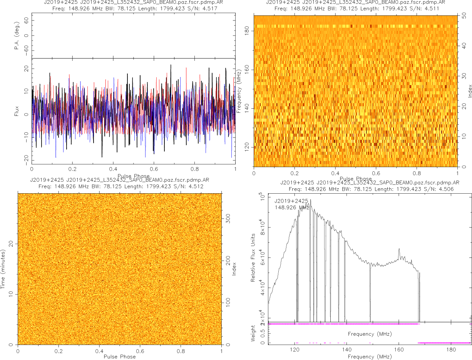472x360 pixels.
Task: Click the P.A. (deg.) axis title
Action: [17, 36]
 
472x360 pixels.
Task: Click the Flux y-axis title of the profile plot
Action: [17, 111]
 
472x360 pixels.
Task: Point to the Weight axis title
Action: [253, 333]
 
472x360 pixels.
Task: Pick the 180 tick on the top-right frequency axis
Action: [248, 31]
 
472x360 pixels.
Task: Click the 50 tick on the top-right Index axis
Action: [464, 16]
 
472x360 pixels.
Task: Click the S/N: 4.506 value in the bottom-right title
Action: [441, 189]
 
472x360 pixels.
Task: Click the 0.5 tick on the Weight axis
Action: [262, 333]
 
